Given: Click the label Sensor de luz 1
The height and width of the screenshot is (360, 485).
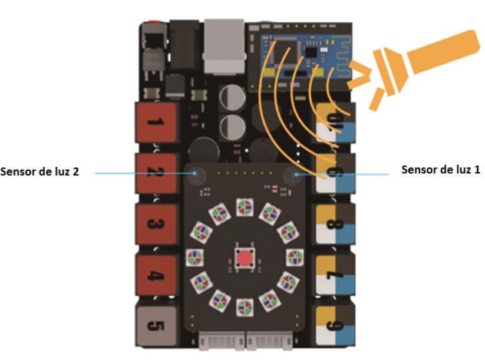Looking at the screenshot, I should pos(440,169).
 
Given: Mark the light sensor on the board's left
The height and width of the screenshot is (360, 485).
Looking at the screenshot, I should pos(196,173).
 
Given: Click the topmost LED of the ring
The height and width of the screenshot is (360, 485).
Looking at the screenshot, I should pos(244,206).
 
